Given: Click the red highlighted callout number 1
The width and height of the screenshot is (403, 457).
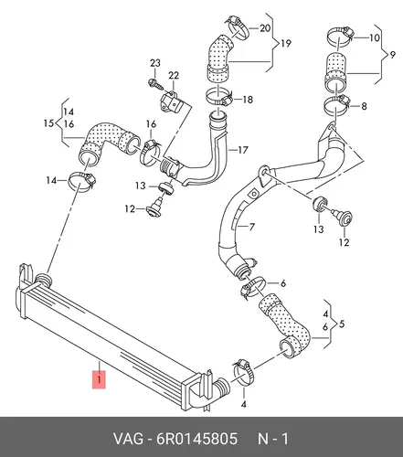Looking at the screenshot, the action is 99,379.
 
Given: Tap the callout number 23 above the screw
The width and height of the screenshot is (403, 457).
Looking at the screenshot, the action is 155,63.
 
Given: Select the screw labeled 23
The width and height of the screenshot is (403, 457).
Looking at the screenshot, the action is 155,84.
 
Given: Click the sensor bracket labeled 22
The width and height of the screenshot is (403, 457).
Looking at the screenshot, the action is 171,102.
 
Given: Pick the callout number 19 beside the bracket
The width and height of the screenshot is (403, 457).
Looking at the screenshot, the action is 286,43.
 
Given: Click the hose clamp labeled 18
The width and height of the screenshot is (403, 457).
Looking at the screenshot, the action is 219,97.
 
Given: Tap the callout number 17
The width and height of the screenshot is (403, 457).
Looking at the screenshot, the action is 243,150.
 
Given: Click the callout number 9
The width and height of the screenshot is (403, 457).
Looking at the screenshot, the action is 392,55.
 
